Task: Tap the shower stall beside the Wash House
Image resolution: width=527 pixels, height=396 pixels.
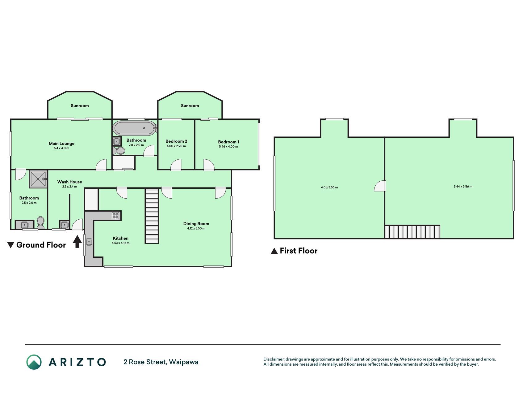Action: (39, 179)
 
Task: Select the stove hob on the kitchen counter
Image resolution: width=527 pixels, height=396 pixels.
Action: (115, 216)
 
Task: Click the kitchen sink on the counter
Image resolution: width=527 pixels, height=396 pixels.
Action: (89, 242)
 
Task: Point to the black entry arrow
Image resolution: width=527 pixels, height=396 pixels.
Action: (77, 241)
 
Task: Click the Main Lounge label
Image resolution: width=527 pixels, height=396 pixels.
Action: (61, 144)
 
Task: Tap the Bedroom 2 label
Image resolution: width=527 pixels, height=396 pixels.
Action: (176, 141)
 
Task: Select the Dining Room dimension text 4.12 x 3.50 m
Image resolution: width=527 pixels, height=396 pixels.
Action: (196, 229)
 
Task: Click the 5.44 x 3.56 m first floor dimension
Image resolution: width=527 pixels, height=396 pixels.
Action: (463, 187)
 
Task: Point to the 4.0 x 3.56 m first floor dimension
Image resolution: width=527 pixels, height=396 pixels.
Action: (329, 187)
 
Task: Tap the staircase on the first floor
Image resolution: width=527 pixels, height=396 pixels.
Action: (412, 232)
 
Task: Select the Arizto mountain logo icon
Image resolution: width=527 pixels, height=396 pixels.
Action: (34, 362)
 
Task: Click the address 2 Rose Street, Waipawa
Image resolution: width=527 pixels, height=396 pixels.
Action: (161, 362)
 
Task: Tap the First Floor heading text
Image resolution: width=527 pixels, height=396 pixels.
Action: (299, 251)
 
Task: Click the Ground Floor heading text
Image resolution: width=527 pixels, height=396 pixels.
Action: (41, 245)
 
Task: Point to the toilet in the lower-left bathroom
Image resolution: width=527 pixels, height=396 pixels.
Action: (40, 222)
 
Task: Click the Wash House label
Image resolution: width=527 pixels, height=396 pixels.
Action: (70, 182)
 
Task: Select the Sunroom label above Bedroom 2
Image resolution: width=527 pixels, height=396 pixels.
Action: (190, 105)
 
